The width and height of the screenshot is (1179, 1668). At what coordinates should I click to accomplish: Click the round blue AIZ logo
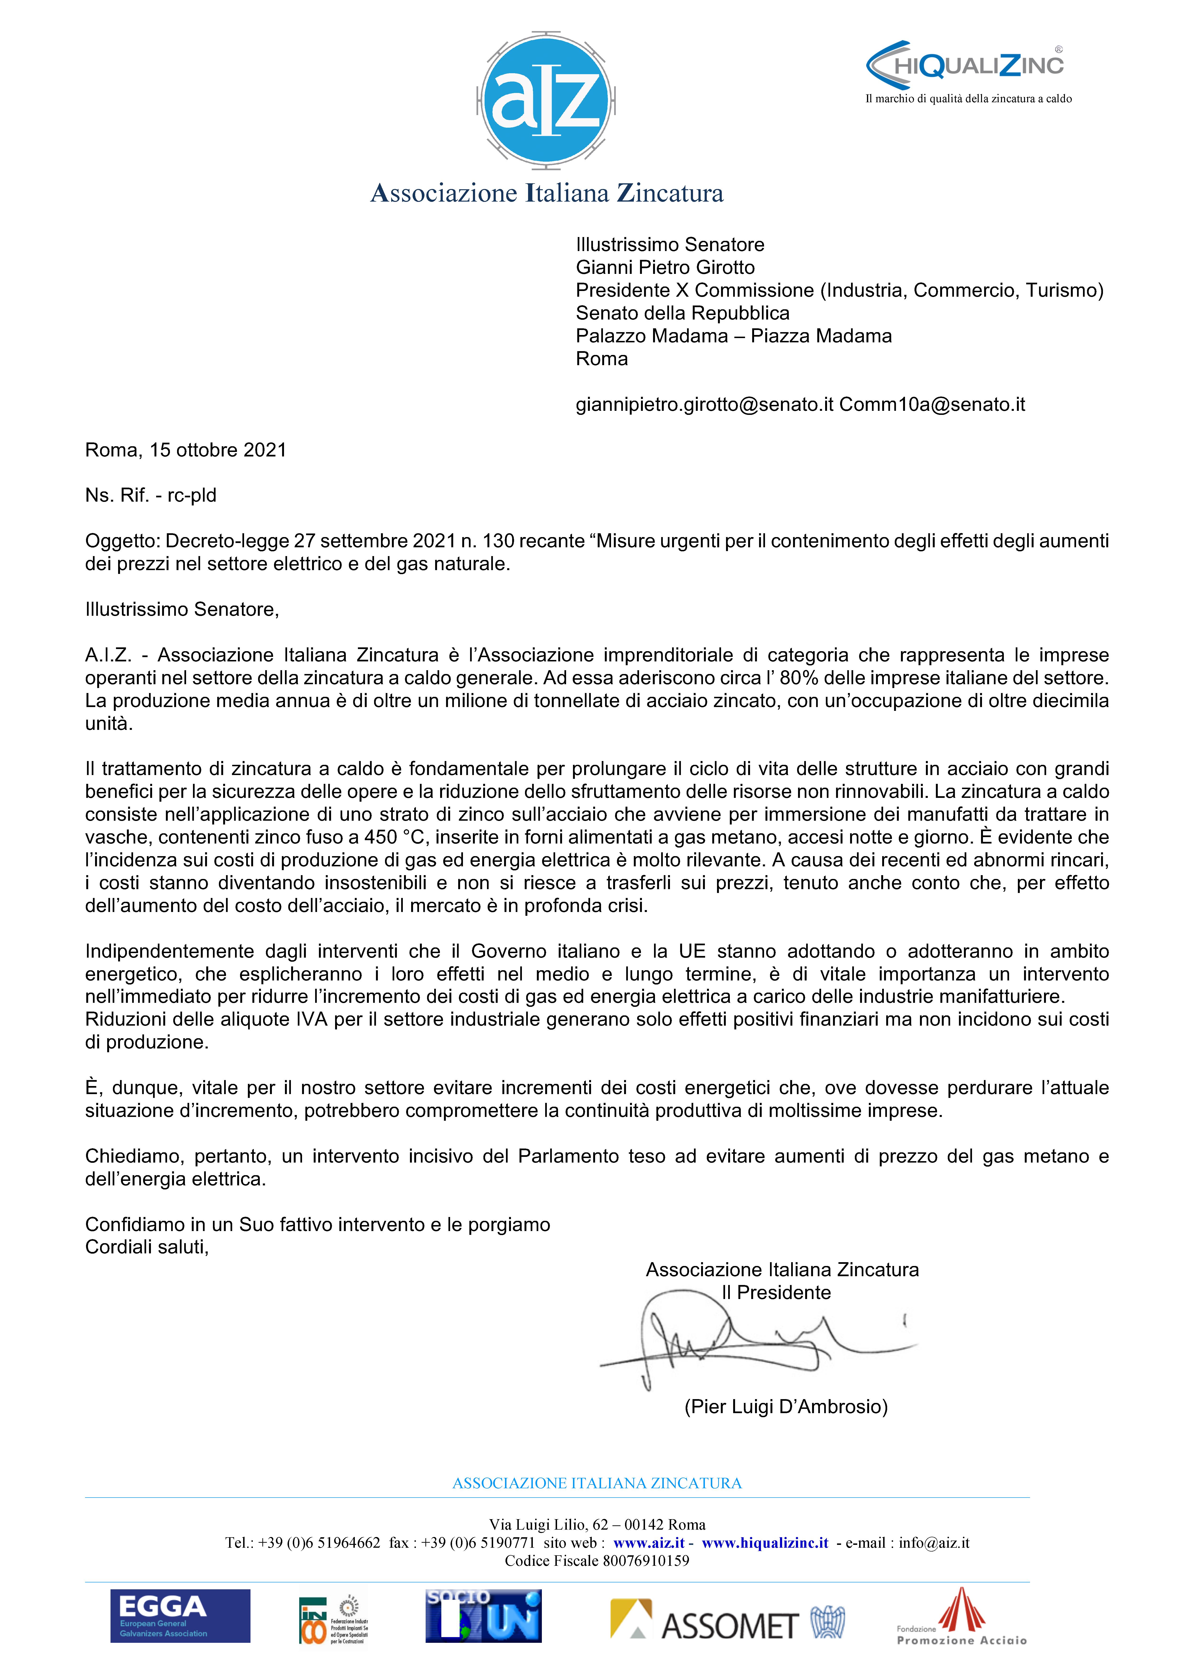[x=546, y=98]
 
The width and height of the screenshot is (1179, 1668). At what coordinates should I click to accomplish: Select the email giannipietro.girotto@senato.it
[x=704, y=405]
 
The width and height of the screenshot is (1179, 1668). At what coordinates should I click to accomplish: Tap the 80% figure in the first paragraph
[x=799, y=678]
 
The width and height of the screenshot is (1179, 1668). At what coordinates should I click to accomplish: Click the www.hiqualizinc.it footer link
[x=765, y=1543]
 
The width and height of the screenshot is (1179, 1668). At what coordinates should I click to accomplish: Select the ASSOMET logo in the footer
[x=727, y=1621]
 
